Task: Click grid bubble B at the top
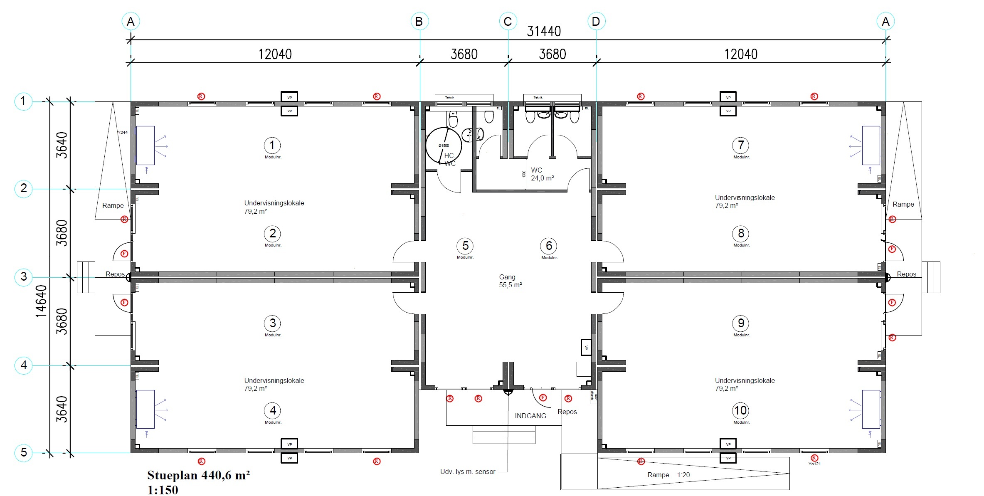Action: point(419,22)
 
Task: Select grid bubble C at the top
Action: point(508,22)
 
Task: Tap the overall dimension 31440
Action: point(544,32)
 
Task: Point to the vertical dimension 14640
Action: point(41,301)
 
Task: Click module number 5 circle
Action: point(465,246)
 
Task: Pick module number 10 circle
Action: point(740,411)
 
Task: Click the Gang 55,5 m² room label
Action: point(510,281)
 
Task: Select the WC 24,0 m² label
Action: point(542,174)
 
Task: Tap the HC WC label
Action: point(449,159)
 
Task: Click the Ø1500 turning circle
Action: point(443,146)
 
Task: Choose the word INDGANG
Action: point(530,416)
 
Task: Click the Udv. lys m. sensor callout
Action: point(468,472)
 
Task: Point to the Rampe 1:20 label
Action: point(668,475)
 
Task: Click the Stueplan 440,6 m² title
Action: point(198,475)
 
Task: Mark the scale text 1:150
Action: point(163,490)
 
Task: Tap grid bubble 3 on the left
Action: point(24,276)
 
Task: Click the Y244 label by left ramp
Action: point(122,133)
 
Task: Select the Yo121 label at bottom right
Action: point(814,464)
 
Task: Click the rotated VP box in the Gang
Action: point(586,347)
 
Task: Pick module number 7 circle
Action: point(740,145)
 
